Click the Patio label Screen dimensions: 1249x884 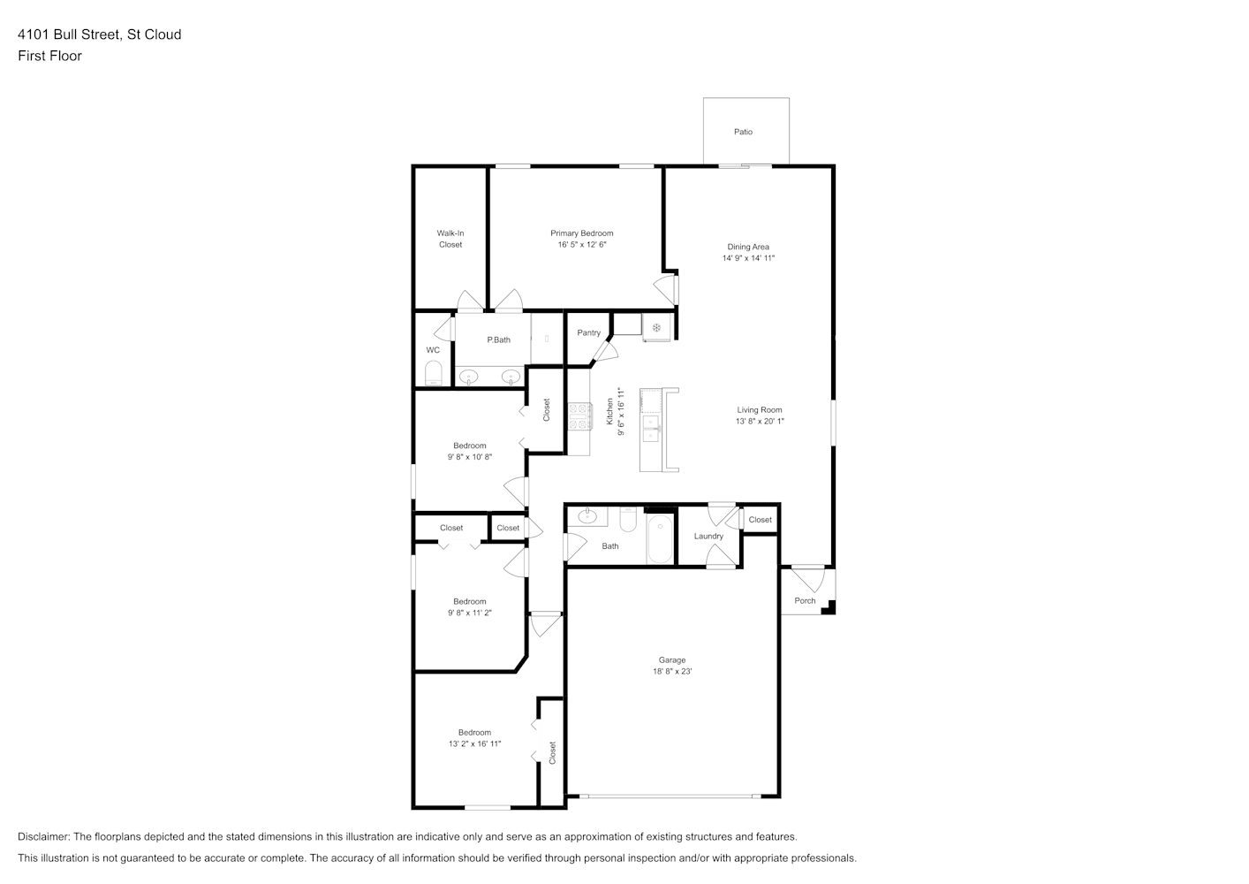point(743,132)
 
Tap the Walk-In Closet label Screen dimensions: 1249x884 point(450,239)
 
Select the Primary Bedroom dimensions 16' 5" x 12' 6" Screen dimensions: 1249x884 point(581,245)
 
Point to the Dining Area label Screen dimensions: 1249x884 point(748,247)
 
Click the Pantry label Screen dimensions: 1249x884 point(589,332)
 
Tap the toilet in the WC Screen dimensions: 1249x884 point(433,373)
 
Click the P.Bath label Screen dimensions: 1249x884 point(498,339)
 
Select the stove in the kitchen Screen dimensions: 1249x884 point(579,416)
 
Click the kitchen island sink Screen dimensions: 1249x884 point(651,429)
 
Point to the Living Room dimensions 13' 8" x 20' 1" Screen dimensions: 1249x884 point(760,422)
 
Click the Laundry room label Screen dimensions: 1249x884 point(708,537)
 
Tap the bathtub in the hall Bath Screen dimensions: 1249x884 point(660,538)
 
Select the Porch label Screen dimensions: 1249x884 point(805,600)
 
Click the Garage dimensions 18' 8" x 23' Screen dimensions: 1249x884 point(672,671)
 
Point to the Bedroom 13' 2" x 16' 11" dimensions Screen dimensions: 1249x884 point(474,744)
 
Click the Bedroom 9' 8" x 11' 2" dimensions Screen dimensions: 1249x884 point(470,613)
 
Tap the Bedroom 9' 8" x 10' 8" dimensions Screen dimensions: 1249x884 point(470,457)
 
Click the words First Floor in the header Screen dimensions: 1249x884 point(49,56)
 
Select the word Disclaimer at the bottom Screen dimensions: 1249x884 point(43,836)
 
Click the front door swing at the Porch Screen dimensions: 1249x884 point(808,580)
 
